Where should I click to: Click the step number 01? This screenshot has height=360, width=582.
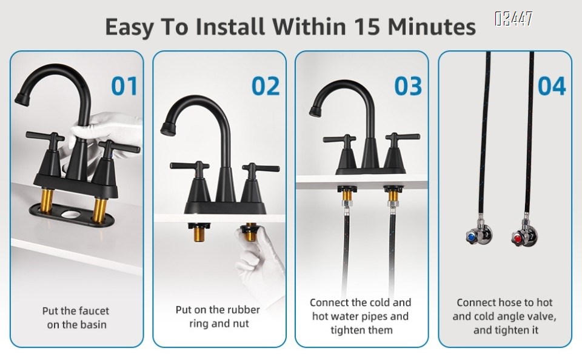coord(124,86)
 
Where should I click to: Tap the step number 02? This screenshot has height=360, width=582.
coord(266,86)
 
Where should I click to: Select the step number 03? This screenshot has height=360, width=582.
coord(408,86)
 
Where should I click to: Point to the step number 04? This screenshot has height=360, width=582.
coord(551,86)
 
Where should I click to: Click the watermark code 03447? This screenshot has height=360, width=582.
coord(513,19)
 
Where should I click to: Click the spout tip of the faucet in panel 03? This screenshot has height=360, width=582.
coord(316,110)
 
